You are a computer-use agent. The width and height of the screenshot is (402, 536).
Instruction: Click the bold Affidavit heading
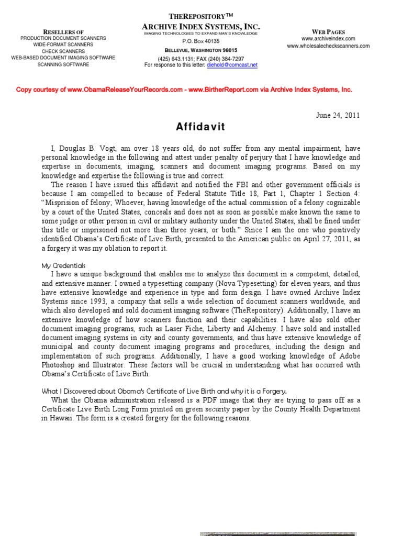coord(200,127)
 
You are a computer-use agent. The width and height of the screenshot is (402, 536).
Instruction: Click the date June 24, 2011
coord(338,116)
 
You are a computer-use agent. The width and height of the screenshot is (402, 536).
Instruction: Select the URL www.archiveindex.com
coord(328,39)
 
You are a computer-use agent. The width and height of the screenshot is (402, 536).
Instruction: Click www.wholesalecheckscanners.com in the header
coord(328,46)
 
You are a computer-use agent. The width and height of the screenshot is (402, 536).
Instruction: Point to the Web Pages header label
coord(328,31)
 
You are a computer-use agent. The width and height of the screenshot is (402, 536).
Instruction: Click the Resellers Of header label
coord(63,32)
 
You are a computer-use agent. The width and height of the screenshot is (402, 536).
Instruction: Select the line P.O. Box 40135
coord(201,41)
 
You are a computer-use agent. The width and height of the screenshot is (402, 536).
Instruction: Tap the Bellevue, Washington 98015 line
coord(201,50)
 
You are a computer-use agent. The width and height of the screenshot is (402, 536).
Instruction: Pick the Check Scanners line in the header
coord(63,51)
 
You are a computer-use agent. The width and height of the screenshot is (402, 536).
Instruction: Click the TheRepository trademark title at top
coord(201,16)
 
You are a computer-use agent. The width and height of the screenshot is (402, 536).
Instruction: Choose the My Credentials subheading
coord(63,265)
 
